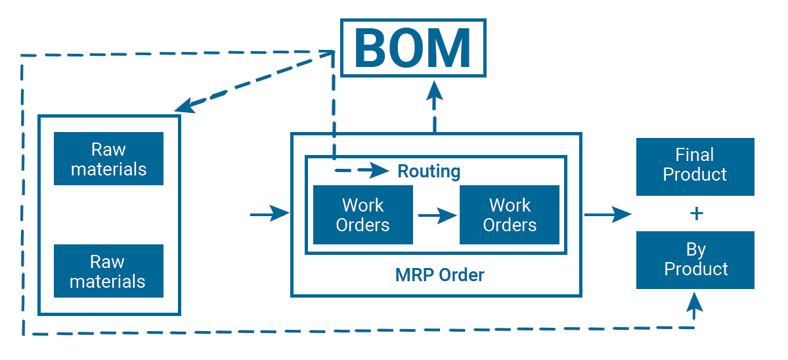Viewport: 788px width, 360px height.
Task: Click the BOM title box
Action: pos(413,47)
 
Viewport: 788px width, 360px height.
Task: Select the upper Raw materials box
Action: pos(108,158)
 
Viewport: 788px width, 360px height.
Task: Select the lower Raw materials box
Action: pos(108,271)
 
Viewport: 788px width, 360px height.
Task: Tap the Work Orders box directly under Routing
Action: pos(363,215)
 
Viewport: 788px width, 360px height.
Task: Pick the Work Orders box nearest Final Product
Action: pos(510,215)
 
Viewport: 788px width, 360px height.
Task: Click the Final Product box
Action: pos(695,166)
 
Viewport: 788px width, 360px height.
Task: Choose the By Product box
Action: pos(695,260)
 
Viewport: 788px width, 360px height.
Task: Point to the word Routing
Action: pos(429,172)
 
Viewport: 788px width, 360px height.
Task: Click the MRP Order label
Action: pos(440,275)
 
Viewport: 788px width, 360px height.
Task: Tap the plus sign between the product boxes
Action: pos(697,214)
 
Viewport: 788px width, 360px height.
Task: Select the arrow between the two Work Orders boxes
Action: pos(437,215)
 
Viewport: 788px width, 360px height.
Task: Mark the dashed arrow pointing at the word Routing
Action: pos(364,171)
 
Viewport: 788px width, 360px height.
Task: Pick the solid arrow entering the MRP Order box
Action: pos(270,214)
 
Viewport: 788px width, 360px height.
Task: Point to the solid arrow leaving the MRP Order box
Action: pos(607,214)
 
